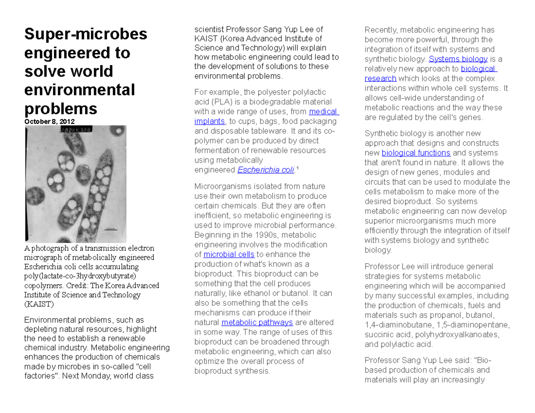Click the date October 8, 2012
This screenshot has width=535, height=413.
click(49, 122)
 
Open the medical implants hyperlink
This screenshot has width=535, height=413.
click(324, 111)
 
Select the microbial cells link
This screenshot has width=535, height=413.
click(229, 254)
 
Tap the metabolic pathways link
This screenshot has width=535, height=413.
click(257, 322)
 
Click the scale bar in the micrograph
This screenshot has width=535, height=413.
click(109, 229)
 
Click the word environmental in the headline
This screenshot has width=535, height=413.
click(79, 90)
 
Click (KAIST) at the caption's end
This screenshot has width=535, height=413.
click(39, 304)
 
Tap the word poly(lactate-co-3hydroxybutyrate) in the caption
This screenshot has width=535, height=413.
click(75, 276)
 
